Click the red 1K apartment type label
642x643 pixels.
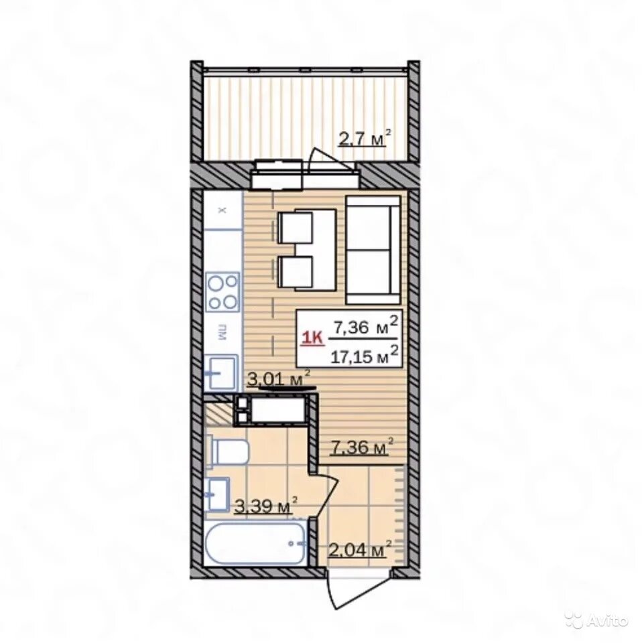click(x=312, y=338)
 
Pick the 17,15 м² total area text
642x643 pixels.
click(x=365, y=355)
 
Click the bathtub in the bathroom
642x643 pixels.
click(x=255, y=544)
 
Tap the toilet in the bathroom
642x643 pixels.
click(x=228, y=451)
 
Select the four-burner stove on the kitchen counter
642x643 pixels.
click(x=222, y=291)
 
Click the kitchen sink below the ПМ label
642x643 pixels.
click(x=222, y=373)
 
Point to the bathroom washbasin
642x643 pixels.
click(x=218, y=494)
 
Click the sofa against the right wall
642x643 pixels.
click(x=373, y=250)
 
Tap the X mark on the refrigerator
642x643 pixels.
click(x=222, y=211)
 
